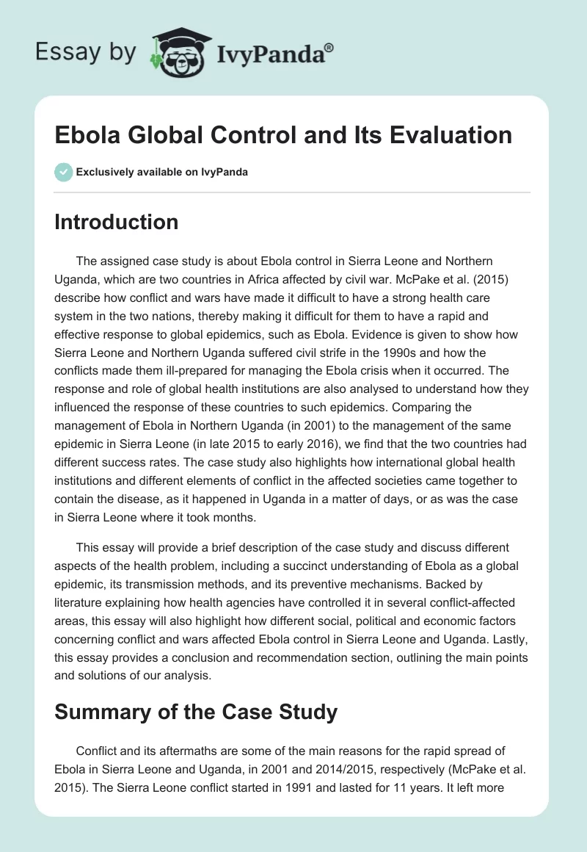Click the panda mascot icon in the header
point(179,51)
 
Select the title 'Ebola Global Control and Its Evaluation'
point(282,135)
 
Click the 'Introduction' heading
point(116,222)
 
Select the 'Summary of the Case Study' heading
point(196,712)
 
